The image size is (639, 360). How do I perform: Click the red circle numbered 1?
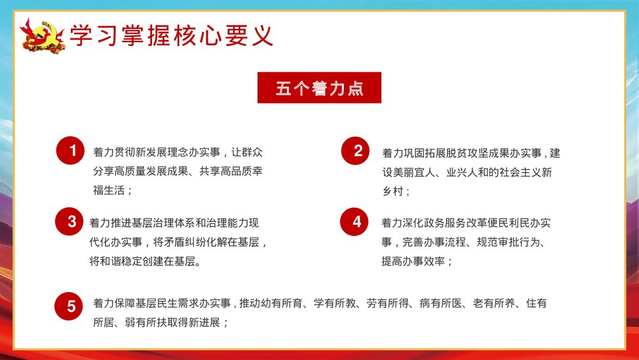(x=73, y=151)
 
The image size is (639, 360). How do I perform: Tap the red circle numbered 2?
(x=358, y=151)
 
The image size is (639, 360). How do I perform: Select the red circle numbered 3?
(x=72, y=222)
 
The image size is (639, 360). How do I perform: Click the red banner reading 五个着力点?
(x=319, y=88)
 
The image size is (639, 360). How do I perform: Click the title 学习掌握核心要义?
(x=171, y=35)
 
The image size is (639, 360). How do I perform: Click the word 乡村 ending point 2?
(x=394, y=191)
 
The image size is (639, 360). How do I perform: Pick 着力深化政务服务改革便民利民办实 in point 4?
(x=466, y=223)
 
